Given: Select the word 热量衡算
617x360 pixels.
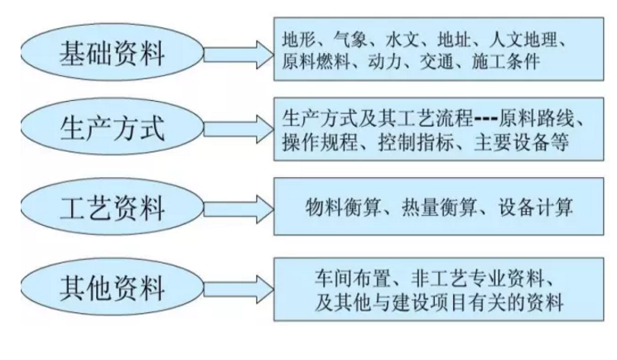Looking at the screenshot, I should click(439, 207).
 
